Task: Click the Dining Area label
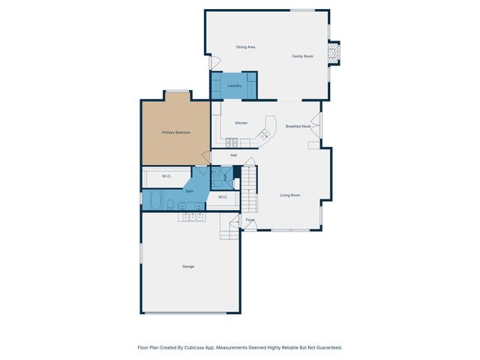point(246,47)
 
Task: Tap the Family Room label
point(303,56)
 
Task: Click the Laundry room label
point(235,86)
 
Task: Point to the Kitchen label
point(241,123)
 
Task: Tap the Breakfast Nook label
point(298,126)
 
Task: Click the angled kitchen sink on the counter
point(264,134)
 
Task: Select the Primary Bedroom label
point(175,133)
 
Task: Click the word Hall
point(234,155)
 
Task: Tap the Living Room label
point(290,195)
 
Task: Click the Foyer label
point(250,220)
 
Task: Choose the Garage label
point(187,266)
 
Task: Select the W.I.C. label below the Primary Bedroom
point(166,176)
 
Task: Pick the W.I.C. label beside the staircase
point(223,196)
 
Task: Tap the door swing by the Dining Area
point(214,63)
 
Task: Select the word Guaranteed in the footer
point(327,347)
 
